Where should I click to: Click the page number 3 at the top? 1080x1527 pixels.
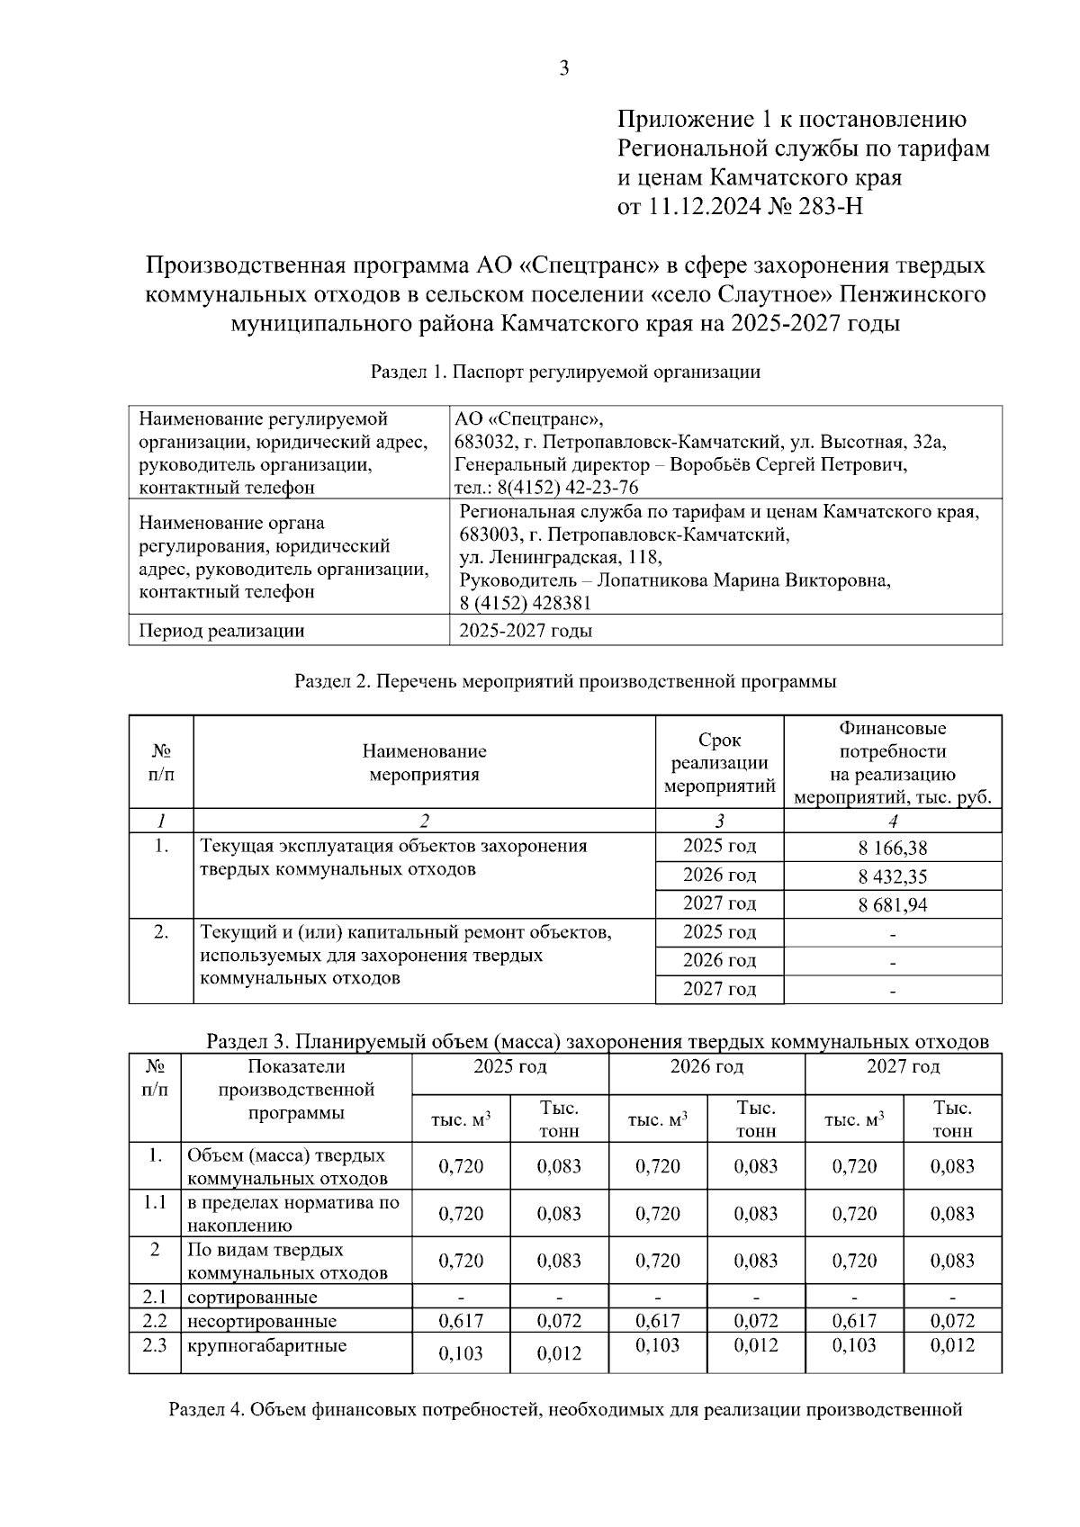[x=564, y=68]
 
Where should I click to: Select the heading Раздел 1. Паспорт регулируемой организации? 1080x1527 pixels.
[x=565, y=372]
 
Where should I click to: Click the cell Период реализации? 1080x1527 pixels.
[x=221, y=631]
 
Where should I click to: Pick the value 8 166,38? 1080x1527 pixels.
[x=892, y=848]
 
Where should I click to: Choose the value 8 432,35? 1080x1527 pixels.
[x=892, y=876]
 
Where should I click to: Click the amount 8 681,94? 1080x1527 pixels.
[x=892, y=904]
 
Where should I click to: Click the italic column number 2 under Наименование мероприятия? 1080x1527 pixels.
[x=424, y=821]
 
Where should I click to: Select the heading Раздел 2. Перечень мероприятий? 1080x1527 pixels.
[x=565, y=681]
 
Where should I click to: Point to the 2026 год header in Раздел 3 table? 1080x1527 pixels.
[x=706, y=1067]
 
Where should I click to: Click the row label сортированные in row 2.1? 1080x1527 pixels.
[x=252, y=1297]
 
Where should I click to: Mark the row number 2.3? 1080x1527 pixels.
[x=155, y=1346]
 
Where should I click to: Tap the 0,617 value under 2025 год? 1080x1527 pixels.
[x=461, y=1321]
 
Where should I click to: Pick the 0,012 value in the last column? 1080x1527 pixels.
[x=952, y=1346]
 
